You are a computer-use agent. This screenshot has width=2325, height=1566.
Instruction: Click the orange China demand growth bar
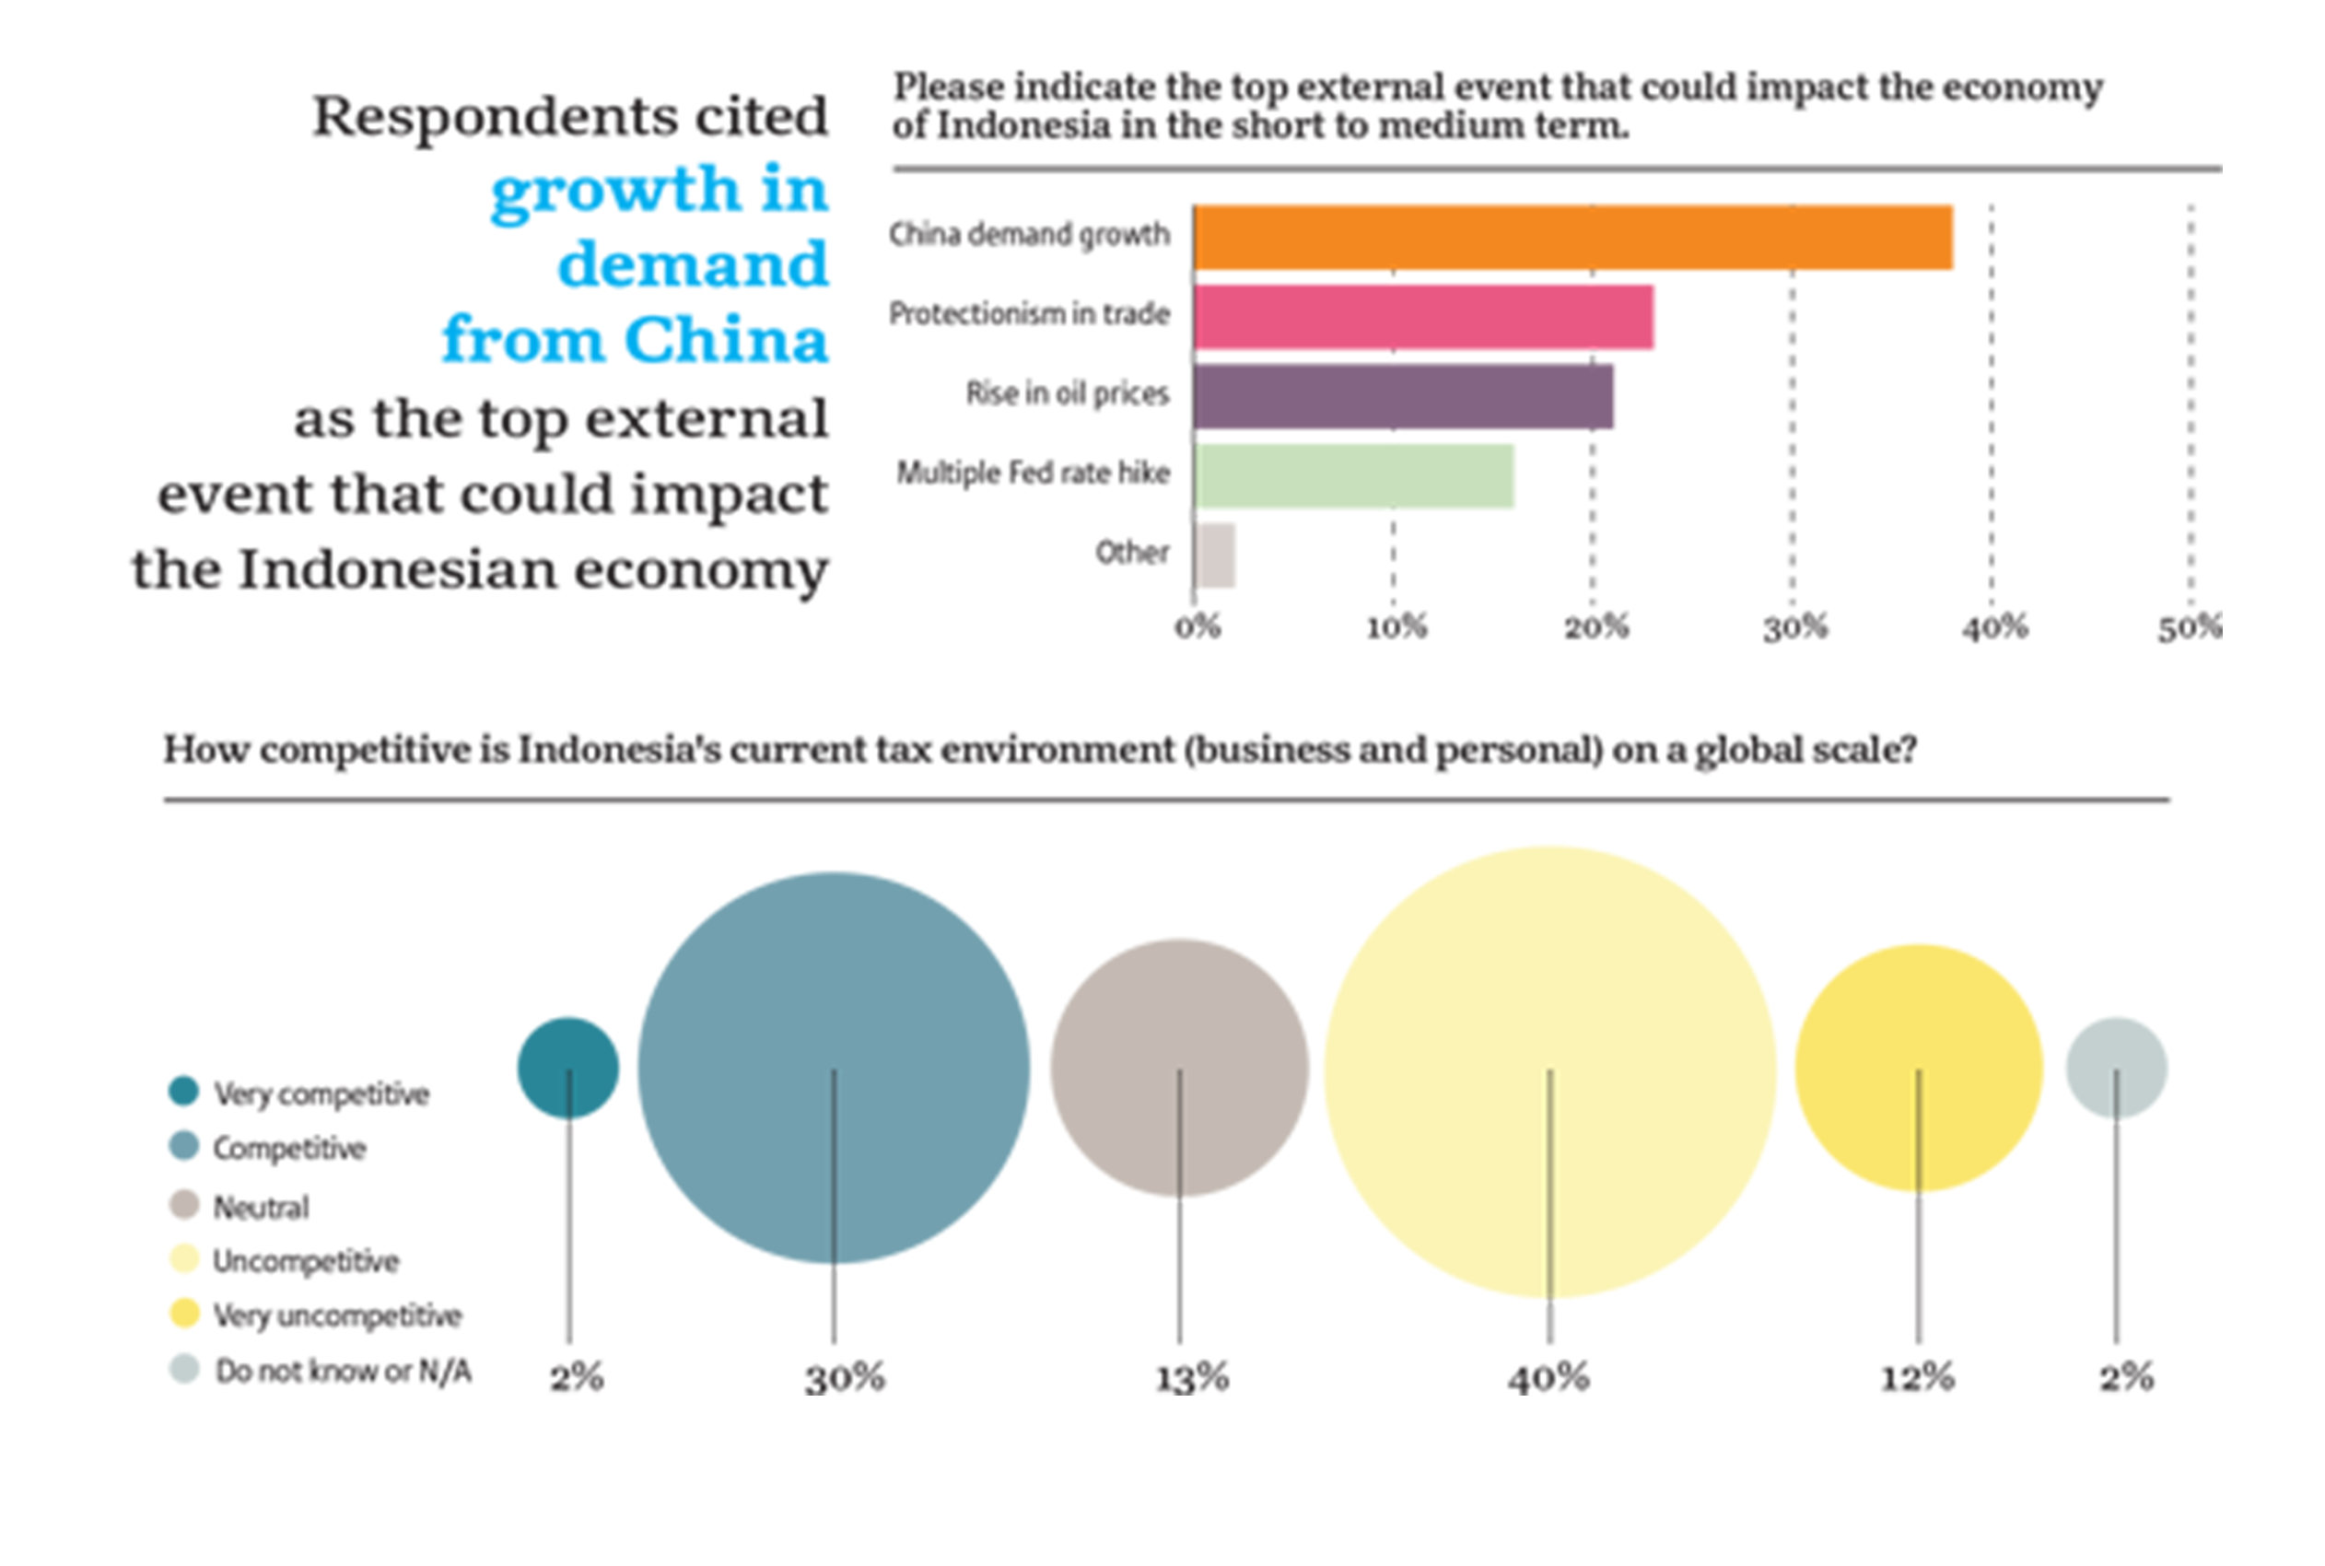[1572, 238]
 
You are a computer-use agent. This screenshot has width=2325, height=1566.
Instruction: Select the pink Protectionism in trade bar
[1422, 318]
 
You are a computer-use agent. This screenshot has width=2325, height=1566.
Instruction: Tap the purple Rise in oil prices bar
[1402, 396]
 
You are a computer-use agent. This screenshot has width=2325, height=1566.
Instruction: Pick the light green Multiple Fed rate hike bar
[1353, 476]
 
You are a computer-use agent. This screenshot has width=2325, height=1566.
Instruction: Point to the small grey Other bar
[1215, 555]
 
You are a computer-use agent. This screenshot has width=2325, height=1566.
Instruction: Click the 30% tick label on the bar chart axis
[1794, 628]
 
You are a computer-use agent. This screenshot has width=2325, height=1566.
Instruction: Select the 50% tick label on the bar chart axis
[2190, 628]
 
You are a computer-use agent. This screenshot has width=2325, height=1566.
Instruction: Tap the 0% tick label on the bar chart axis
[1198, 628]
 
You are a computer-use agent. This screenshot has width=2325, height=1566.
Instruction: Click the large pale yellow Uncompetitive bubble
[1550, 999]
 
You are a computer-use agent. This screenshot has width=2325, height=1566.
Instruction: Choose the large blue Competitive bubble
[834, 999]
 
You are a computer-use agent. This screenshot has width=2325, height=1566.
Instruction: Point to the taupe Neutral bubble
[1178, 1009]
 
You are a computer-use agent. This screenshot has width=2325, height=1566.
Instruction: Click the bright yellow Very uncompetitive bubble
[1918, 1019]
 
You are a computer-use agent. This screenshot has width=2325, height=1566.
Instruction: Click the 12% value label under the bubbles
[1918, 1379]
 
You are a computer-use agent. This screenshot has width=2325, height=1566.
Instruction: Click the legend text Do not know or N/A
[343, 1372]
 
